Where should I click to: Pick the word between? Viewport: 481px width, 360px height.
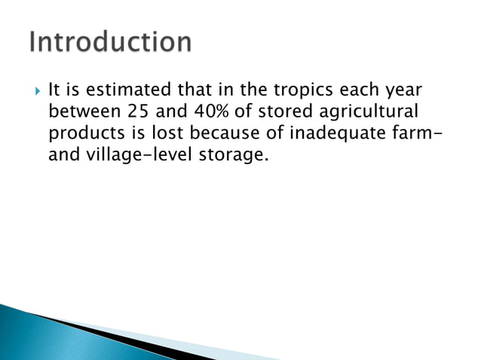tap(81, 114)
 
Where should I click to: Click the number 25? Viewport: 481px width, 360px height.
tap(133, 114)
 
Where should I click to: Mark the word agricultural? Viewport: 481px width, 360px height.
tap(368, 114)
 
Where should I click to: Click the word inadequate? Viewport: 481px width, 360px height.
tap(323, 136)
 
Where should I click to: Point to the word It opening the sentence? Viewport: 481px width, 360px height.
tap(54, 92)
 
